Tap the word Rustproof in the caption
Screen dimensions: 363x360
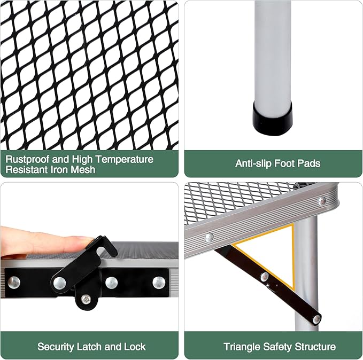click(28, 159)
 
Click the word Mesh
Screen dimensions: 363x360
click(83, 170)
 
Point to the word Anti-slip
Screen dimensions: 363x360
click(253, 163)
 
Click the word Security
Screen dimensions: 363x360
click(55, 347)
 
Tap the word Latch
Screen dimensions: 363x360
click(89, 347)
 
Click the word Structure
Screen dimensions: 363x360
click(314, 347)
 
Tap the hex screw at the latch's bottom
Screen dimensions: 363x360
click(86, 299)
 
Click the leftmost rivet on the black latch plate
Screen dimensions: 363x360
click(14, 283)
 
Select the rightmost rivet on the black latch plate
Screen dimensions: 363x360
click(159, 283)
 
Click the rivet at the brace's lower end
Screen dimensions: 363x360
click(316, 319)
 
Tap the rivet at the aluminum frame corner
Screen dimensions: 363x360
click(322, 201)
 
